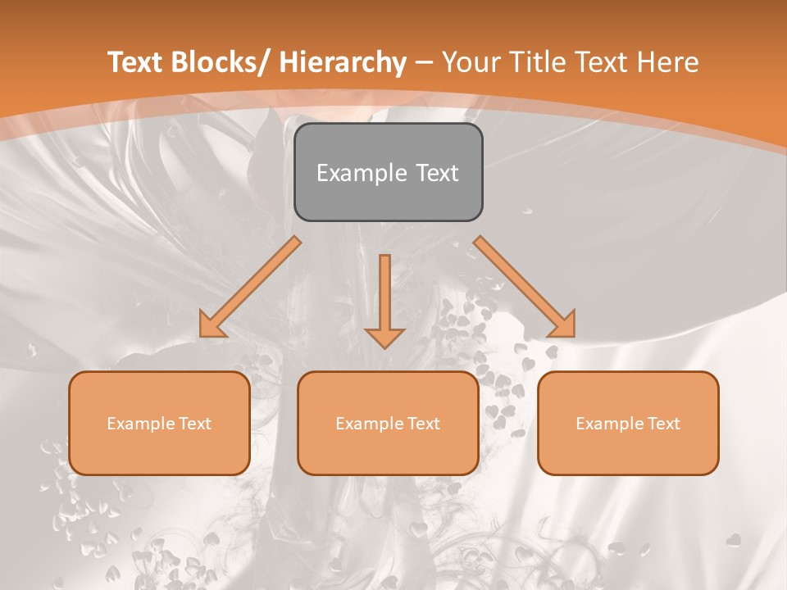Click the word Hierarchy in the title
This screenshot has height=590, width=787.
tap(343, 62)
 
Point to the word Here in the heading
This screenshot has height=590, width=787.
tap(668, 62)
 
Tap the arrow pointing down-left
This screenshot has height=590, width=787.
tap(250, 287)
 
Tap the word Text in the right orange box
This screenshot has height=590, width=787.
tap(663, 424)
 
